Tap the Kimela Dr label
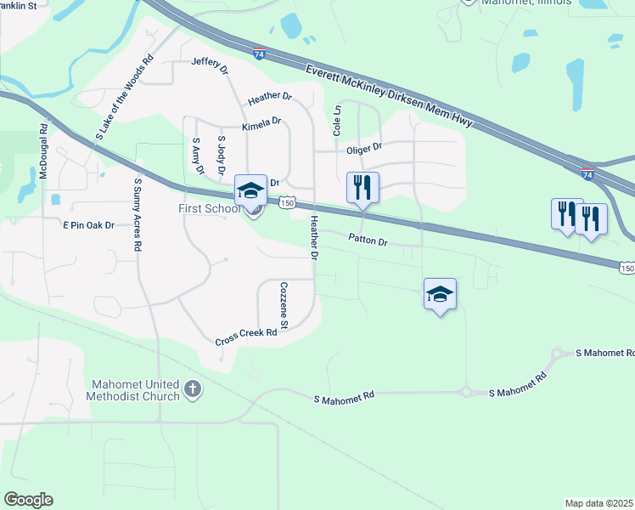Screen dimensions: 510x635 pos(261,124)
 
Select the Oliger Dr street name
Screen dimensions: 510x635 pos(364,147)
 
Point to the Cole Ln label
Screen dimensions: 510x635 pos(337,120)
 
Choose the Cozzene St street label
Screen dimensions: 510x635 pos(284,306)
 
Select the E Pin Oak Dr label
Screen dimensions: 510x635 pos(88,225)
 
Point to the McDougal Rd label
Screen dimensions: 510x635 pos(43,153)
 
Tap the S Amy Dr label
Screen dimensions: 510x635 pos(198,156)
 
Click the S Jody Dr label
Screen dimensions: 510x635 pos(222,152)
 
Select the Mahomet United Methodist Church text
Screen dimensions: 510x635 pos(132,389)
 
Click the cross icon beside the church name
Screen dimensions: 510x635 pos(193,389)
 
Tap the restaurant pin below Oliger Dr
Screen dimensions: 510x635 pos(362,188)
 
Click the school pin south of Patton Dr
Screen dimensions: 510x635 pos(440,294)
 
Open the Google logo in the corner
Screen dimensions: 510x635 pos(28,500)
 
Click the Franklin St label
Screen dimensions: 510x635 pos(19,5)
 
